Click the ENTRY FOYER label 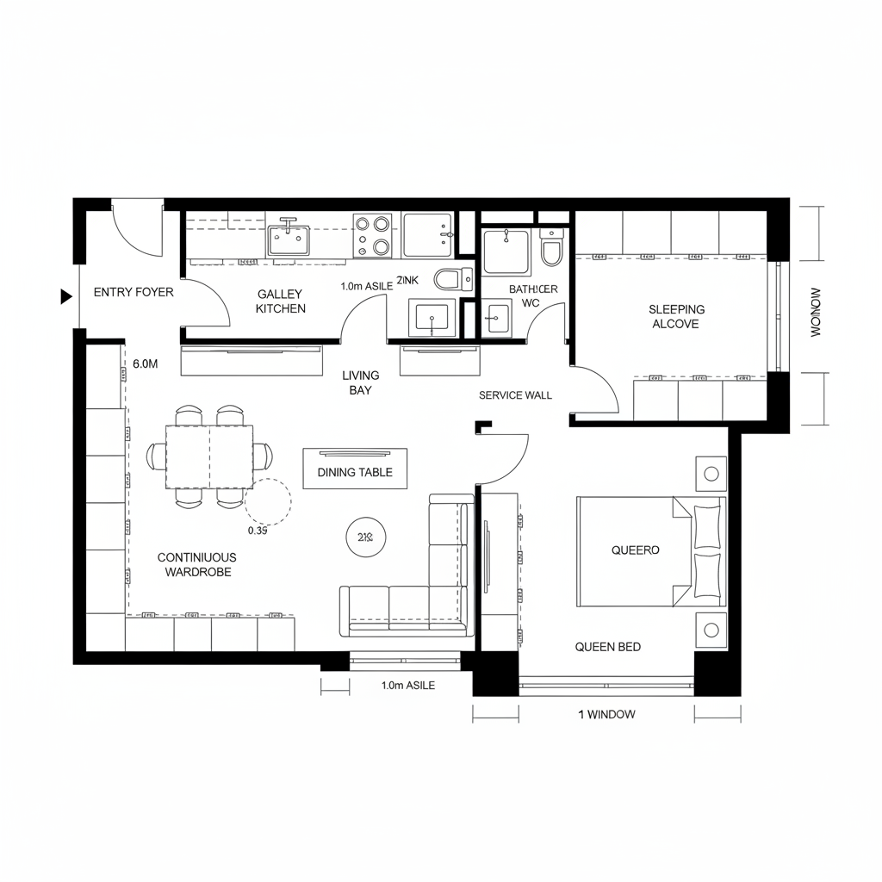coord(134,292)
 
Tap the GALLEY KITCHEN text coord(281,301)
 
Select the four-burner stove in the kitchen coord(372,235)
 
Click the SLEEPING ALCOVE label coord(676,316)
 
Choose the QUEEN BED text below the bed coord(607,647)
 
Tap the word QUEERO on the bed coord(635,550)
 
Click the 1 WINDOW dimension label coord(606,714)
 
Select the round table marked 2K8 coord(364,537)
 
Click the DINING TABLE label coord(355,472)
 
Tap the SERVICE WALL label coord(515,395)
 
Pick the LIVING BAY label coord(360,382)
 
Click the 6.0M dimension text coord(146,364)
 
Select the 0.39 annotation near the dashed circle coord(258,531)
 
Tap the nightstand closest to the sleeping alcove coord(711,474)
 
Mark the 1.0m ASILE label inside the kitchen coord(366,286)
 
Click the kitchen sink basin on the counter coord(289,239)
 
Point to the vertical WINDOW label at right coord(817,312)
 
